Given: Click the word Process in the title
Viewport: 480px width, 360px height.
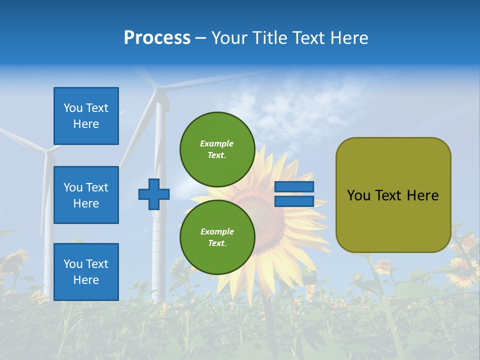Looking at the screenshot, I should click(157, 38).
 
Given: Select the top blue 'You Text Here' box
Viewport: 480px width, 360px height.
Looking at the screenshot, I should click(86, 116).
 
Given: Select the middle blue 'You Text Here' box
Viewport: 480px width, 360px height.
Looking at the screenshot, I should click(86, 195).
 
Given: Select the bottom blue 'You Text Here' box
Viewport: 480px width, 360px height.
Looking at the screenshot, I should click(86, 271).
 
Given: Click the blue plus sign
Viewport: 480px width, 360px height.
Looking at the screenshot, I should click(154, 194).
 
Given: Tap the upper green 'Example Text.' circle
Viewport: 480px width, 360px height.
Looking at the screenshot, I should click(217, 149).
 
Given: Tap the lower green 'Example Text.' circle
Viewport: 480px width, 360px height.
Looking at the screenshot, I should click(217, 237).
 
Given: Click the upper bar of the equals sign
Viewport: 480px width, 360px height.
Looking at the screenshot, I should click(294, 187).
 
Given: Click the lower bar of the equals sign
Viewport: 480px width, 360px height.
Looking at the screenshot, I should click(294, 201).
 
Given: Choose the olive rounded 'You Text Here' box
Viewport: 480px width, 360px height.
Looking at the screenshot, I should click(393, 195).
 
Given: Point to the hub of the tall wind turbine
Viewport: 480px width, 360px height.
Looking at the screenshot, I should click(158, 89).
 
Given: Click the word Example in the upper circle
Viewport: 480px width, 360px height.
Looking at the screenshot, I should click(217, 143).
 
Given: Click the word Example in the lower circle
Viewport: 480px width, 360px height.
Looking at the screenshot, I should click(217, 231).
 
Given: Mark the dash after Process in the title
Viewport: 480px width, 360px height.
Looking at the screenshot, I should click(201, 38).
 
